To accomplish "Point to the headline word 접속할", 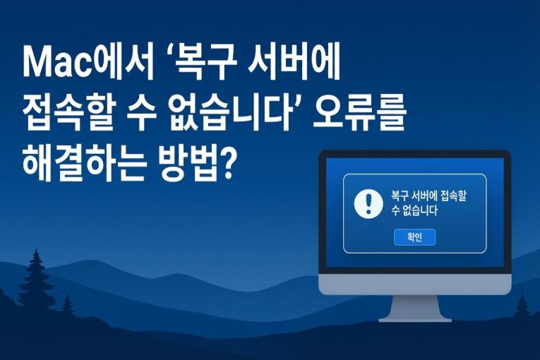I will coord(71,115).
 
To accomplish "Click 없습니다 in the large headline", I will coord(236,115).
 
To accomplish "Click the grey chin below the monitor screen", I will coord(414,284).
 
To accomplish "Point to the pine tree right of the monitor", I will coord(523,306).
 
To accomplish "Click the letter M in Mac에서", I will coord(35,65).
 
